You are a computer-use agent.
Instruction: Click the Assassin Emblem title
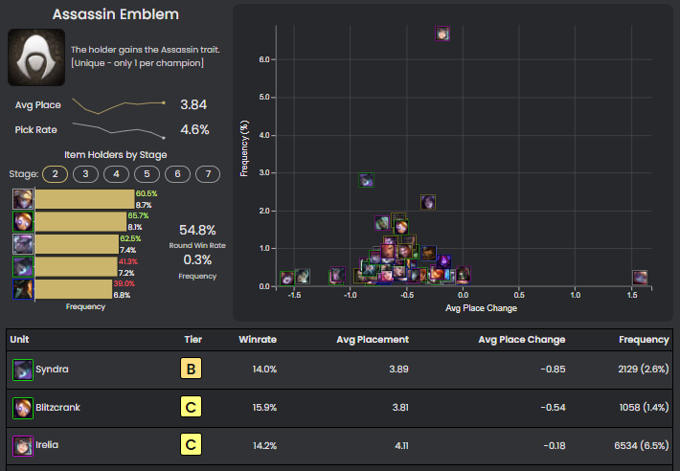[x=116, y=15]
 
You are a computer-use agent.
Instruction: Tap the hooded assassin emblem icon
[x=36, y=57]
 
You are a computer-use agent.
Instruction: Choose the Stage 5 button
[x=147, y=173]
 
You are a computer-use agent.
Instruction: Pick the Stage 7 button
[x=208, y=173]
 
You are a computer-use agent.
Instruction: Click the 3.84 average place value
[x=193, y=104]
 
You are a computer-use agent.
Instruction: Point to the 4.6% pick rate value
[x=194, y=129]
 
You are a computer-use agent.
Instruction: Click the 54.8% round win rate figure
[x=197, y=230]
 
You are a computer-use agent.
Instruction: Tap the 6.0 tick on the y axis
[x=264, y=59]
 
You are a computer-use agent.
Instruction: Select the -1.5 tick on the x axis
[x=294, y=296]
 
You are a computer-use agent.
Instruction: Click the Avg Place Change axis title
[x=481, y=308]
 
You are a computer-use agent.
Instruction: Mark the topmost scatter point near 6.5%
[x=442, y=34]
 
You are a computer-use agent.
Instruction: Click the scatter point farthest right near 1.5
[x=640, y=278]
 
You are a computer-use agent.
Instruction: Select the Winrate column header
[x=258, y=339]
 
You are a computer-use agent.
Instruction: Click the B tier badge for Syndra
[x=191, y=369]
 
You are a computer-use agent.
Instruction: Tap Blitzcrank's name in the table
[x=57, y=407]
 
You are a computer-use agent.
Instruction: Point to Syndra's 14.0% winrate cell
[x=263, y=369]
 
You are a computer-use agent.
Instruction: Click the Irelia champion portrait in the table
[x=22, y=445]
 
